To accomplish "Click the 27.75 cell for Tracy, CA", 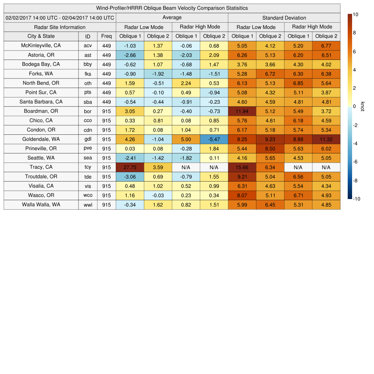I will click(x=130, y=167).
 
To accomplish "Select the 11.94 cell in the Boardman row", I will click(x=242, y=111).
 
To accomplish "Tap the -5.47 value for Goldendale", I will click(x=214, y=139).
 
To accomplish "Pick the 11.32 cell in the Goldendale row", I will click(x=326, y=139).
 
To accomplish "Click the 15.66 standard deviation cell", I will click(x=242, y=167).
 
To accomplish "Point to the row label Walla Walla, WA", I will click(x=41, y=205).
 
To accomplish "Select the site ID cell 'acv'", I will click(x=88, y=46).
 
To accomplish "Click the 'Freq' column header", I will click(x=106, y=36).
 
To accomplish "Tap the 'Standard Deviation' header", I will click(x=284, y=18).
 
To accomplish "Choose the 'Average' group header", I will click(x=172, y=18).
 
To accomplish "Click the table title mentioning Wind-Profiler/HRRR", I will click(x=172, y=8).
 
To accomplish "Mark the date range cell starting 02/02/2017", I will click(x=60, y=18).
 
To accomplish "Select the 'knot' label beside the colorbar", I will click(x=362, y=106).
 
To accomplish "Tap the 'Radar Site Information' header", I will click(x=60, y=27).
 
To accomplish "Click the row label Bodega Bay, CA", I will click(x=41, y=64).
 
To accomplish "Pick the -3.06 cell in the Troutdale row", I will click(x=130, y=177).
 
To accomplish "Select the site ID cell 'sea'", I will click(x=88, y=158).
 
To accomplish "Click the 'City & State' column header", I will click(x=41, y=36).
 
